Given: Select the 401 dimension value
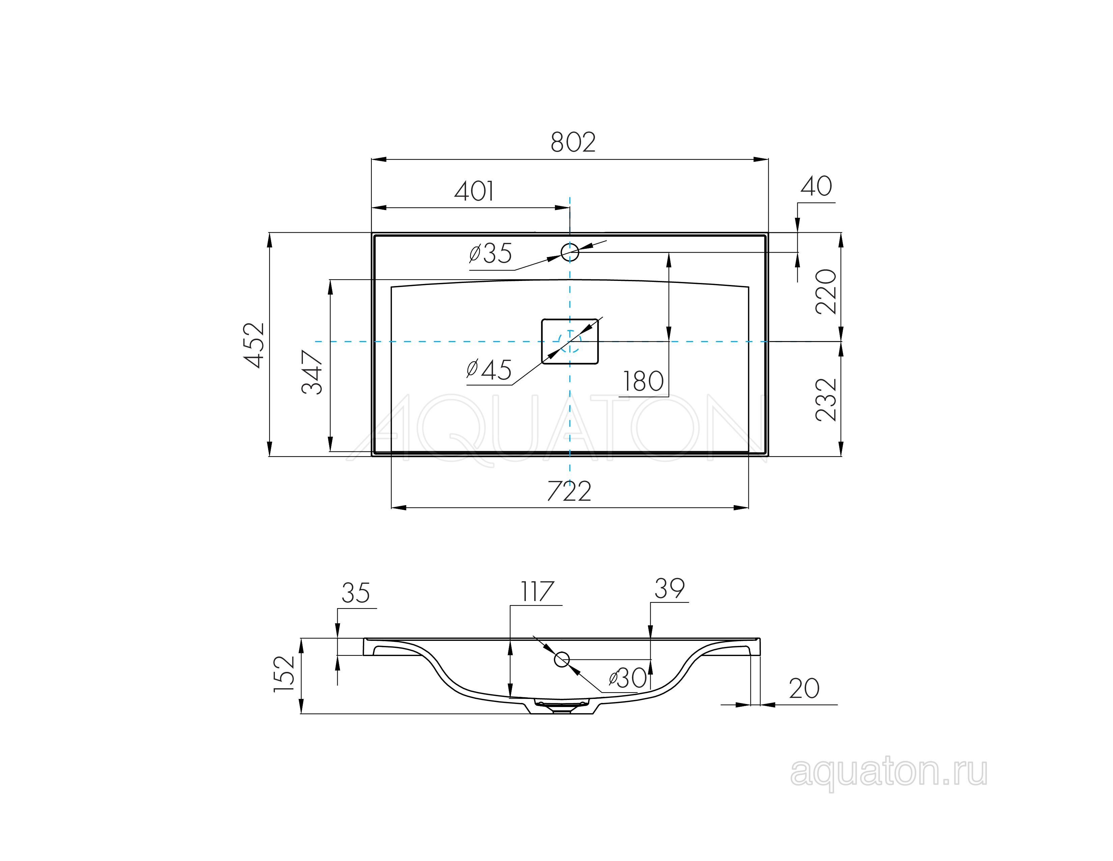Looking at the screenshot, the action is click(474, 191).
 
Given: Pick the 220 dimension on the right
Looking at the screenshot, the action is click(826, 291).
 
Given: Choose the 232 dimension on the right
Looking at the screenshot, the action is click(826, 399).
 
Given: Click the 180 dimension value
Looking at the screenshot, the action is click(643, 382).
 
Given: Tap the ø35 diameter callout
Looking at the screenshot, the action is click(491, 254).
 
